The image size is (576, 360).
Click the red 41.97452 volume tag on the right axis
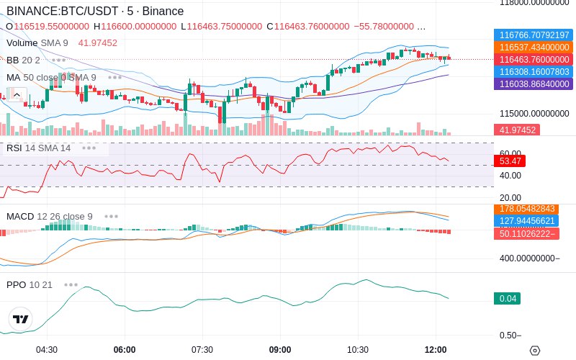click(516, 130)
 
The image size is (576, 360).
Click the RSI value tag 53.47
click(511, 161)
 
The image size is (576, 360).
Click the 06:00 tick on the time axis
click(125, 350)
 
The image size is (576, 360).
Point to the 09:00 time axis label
click(280, 350)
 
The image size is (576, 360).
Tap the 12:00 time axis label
click(436, 350)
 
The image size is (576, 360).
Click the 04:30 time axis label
click(47, 350)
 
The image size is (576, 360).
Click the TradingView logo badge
click(21, 319)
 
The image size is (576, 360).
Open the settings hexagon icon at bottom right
click(534, 351)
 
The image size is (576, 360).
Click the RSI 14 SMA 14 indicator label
click(39, 148)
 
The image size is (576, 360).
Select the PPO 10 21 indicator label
click(30, 284)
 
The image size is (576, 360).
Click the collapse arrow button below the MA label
click(17, 94)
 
